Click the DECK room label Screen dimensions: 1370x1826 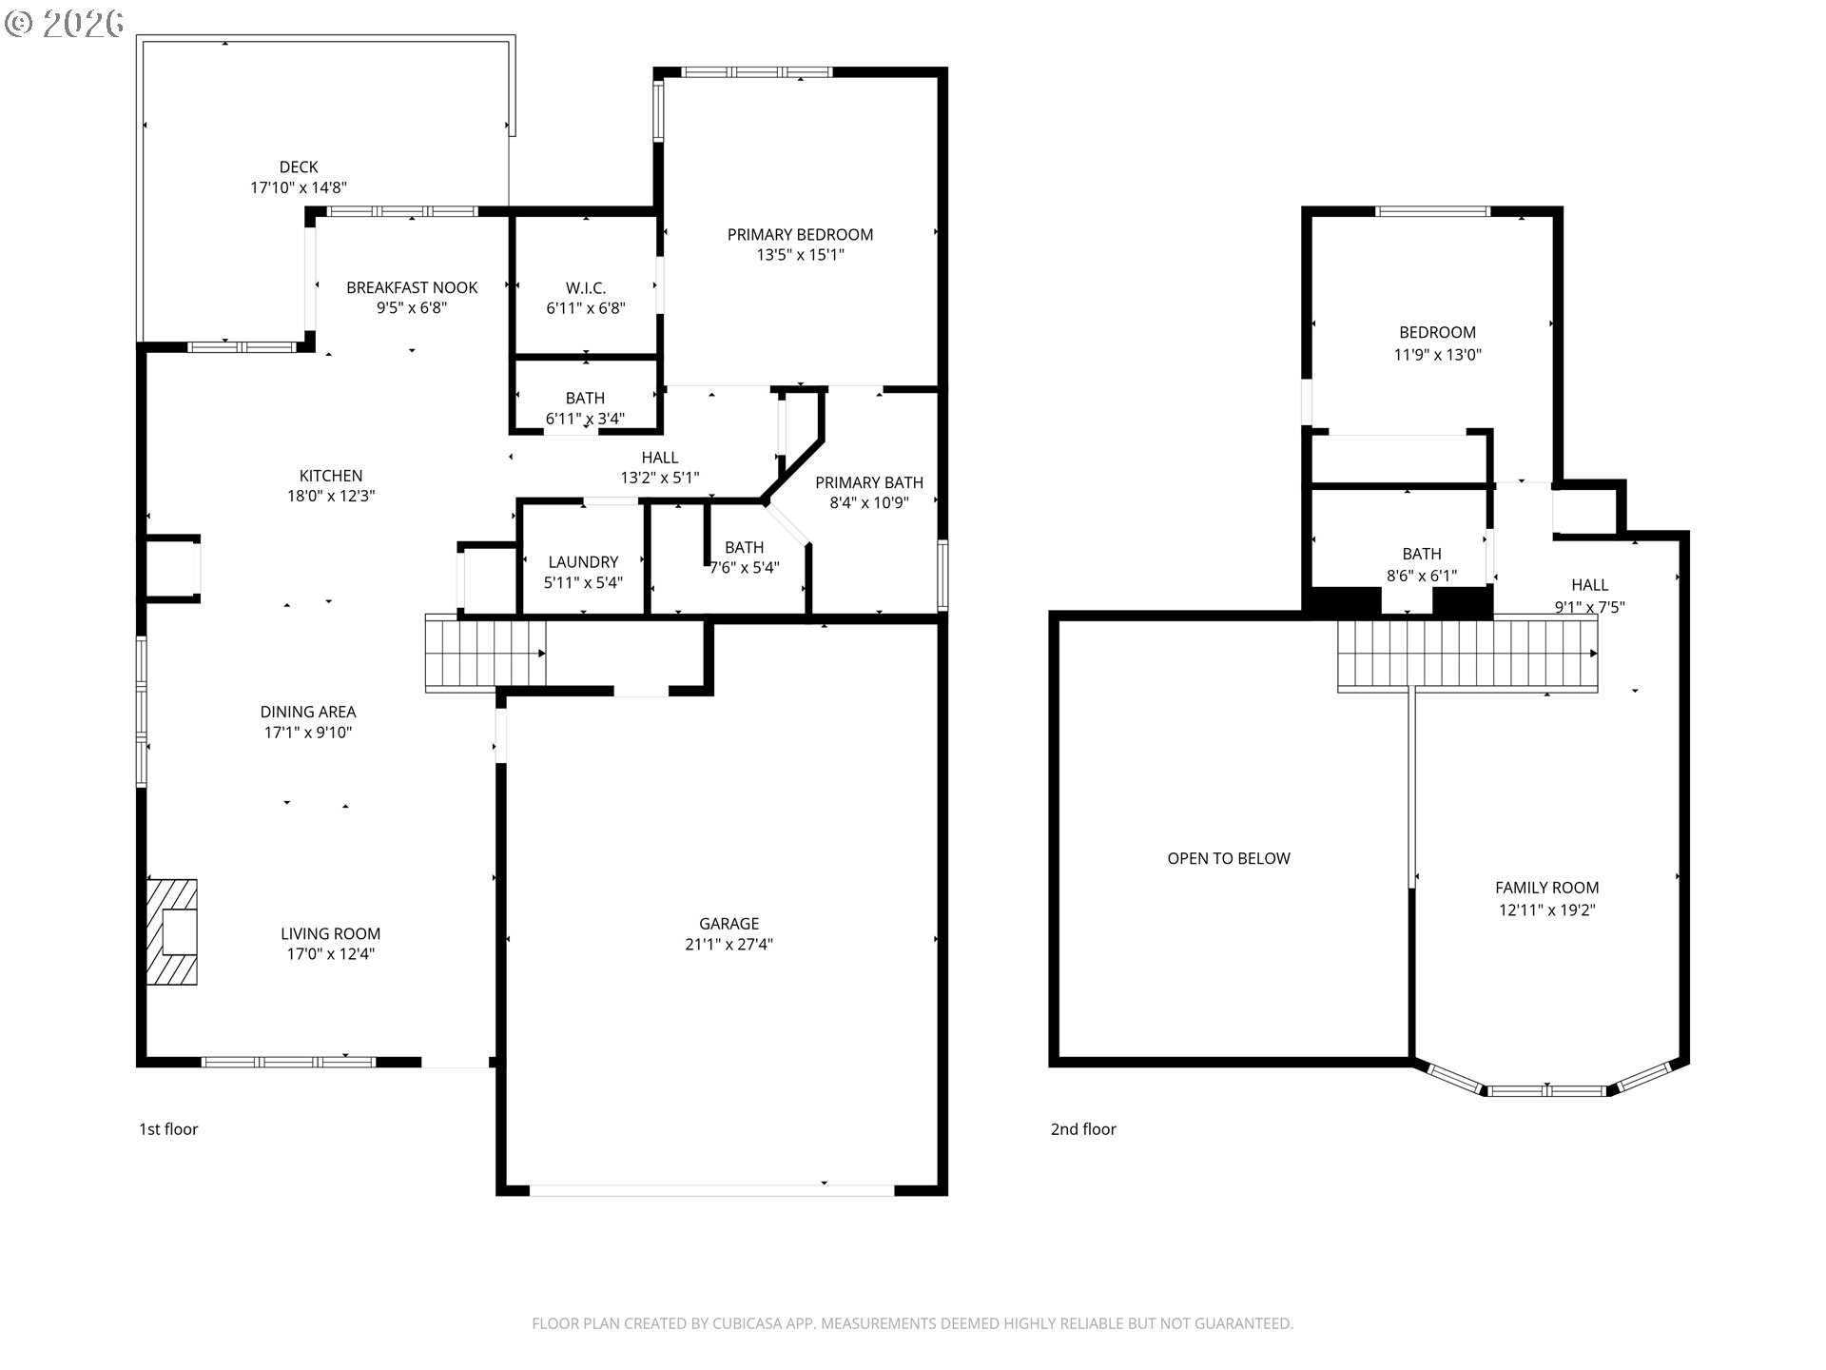tap(298, 167)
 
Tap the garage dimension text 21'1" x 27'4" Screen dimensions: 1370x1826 tap(728, 945)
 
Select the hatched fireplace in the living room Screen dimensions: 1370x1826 tap(172, 931)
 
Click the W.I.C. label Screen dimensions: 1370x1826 tap(585, 287)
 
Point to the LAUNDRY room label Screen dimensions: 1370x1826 tap(583, 562)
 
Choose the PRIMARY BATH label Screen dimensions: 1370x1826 tap(868, 482)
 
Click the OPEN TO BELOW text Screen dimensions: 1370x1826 tap(1228, 858)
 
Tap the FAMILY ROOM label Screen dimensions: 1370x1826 tap(1546, 888)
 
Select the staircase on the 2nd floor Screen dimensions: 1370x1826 tap(1467, 655)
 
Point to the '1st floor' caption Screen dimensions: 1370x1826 tap(168, 1129)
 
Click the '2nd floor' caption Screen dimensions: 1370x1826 tap(1083, 1129)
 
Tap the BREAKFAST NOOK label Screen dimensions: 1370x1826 tap(412, 287)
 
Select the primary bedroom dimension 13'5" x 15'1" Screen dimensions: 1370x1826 tap(800, 255)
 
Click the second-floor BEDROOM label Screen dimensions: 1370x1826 tap(1437, 333)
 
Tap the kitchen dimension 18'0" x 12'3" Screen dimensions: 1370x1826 tap(331, 496)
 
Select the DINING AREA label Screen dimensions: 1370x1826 tap(308, 712)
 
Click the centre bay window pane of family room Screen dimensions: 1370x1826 tap(1547, 1090)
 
